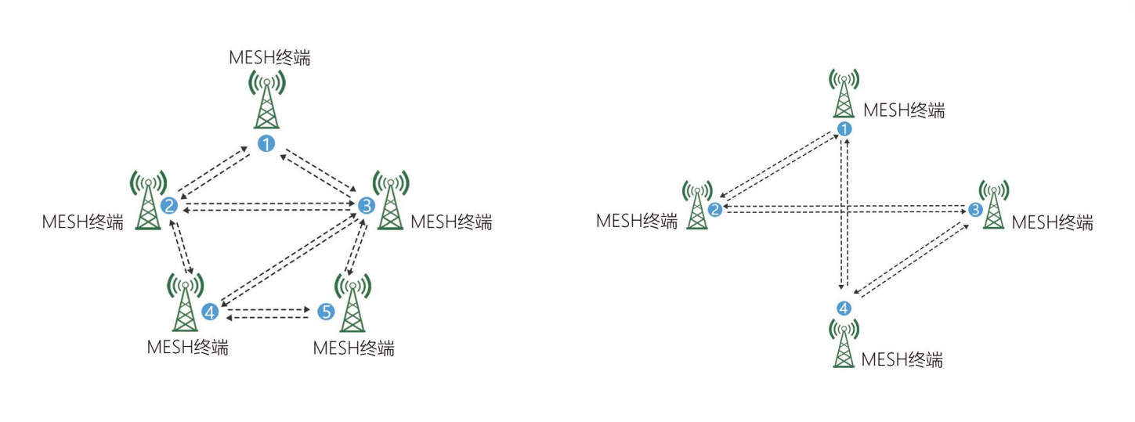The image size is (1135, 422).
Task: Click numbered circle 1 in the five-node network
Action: click(267, 143)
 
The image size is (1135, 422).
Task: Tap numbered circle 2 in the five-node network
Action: click(168, 206)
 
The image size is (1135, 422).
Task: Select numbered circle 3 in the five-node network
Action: click(366, 206)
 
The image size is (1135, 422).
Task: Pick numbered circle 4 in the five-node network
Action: click(209, 312)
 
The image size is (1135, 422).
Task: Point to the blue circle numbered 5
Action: click(327, 312)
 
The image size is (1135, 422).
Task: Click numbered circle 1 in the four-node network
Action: click(844, 129)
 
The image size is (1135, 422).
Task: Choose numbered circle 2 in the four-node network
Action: click(715, 209)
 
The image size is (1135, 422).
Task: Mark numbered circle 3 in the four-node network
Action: click(975, 210)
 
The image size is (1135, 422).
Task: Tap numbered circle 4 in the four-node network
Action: click(844, 308)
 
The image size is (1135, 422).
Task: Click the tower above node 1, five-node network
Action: click(267, 100)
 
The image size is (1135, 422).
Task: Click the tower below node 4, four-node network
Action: click(844, 343)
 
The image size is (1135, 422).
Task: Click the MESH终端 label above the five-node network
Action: click(269, 58)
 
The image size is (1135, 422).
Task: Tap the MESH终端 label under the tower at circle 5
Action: click(353, 348)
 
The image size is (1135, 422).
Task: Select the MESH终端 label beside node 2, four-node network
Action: click(636, 221)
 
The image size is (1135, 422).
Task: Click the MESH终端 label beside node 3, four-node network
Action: click(1052, 222)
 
